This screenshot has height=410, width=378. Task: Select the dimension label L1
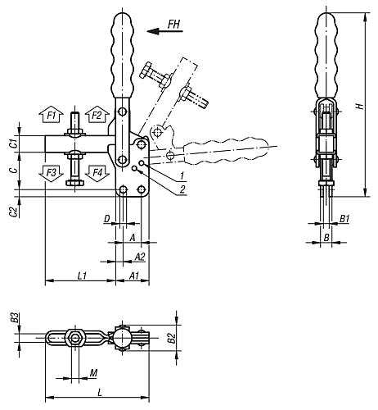point(82,276)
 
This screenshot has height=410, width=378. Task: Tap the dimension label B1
point(345,220)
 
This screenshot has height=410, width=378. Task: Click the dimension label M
point(94,374)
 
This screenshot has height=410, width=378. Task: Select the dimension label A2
point(140,257)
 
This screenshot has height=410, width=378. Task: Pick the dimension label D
point(107,218)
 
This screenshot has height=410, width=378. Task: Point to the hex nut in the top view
point(75,339)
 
